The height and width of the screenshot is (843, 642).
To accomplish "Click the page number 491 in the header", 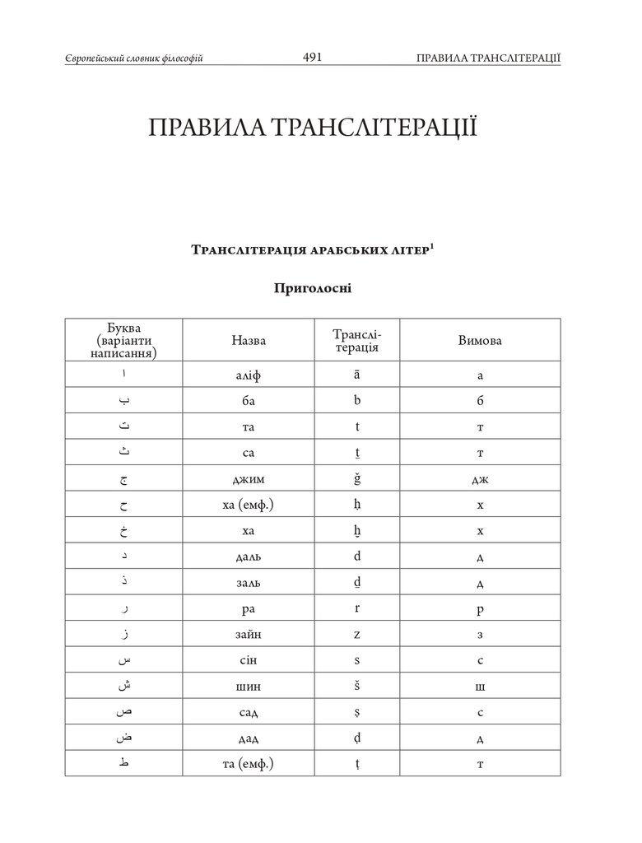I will (312, 57).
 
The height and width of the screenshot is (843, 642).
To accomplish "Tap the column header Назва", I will (249, 340).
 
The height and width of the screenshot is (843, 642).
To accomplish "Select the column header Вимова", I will (480, 340).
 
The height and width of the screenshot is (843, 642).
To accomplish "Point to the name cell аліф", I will (249, 375).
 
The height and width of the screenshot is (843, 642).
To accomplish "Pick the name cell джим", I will (249, 478).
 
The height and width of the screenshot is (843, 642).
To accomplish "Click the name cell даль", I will (249, 557).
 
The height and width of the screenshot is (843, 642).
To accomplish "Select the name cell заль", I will (249, 582).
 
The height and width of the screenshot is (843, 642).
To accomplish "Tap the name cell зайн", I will (249, 634).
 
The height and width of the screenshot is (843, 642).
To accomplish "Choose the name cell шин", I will (249, 686).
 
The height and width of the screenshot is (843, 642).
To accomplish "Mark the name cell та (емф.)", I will (249, 764).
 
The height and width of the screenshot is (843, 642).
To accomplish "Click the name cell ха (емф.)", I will (249, 504).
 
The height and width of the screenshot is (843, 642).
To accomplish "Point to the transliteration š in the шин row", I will (356, 686).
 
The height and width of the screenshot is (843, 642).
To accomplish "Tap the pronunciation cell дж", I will (480, 478).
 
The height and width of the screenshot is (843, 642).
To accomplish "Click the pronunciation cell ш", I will (480, 686).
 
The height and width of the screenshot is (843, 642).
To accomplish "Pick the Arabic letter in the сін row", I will (123, 660).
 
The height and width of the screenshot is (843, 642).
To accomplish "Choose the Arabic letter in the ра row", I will (123, 609).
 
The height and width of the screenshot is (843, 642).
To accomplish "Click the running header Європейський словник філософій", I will (133, 58).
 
